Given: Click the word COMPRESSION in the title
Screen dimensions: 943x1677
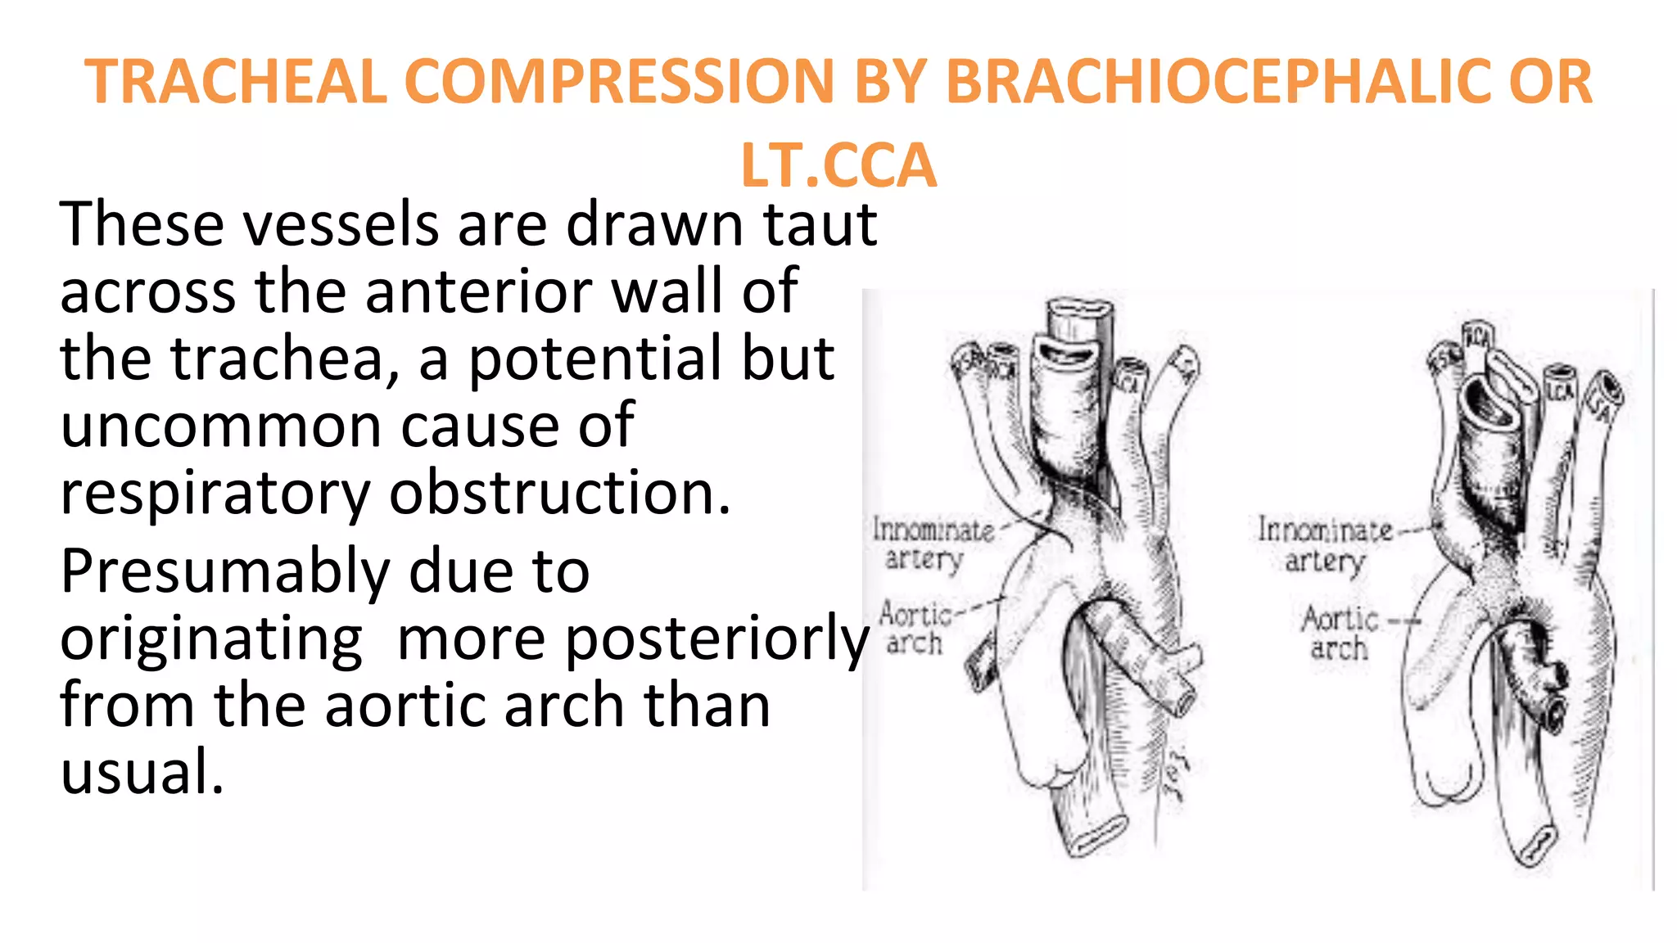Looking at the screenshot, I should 620,82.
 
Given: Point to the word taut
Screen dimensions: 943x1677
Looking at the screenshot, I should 820,224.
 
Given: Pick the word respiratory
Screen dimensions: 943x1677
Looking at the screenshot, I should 215,494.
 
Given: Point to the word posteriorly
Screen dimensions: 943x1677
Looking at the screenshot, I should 715,638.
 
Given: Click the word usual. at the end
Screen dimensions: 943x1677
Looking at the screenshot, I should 142,772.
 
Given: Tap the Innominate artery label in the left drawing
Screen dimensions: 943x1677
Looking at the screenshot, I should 932,544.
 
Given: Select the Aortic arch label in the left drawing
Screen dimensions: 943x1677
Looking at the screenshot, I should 915,629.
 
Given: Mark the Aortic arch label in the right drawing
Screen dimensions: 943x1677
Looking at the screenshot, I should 1340,633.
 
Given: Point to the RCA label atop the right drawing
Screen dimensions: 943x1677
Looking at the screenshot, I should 1477,337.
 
